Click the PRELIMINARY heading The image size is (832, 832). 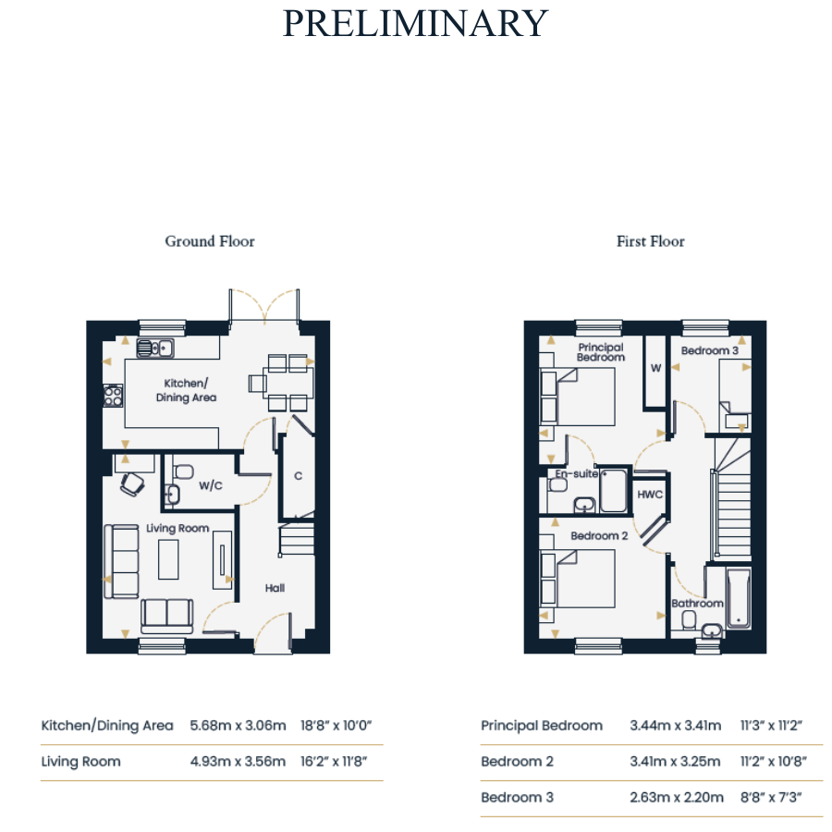pos(415,23)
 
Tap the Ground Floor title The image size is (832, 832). pos(210,241)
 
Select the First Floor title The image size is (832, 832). pos(651,241)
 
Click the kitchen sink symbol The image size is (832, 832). pos(155,349)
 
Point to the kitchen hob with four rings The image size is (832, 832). pos(113,396)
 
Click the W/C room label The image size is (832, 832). pos(211,485)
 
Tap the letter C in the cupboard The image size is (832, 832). pos(299,476)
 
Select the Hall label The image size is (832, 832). pos(275,588)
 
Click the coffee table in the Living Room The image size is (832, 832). pos(168,559)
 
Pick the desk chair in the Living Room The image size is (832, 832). pos(132,484)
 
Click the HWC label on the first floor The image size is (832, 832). pos(650,495)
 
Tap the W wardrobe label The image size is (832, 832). pos(655,368)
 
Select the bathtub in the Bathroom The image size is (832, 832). pos(738,599)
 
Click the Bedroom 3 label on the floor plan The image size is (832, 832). pos(709,350)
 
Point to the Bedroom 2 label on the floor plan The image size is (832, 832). pos(599,536)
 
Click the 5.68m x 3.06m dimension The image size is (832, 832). pos(238,726)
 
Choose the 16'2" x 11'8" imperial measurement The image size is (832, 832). pos(333,762)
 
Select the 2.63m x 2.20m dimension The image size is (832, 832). pos(677,797)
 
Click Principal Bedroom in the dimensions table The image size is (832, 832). pos(542,726)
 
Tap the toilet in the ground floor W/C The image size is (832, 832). pos(184,471)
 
